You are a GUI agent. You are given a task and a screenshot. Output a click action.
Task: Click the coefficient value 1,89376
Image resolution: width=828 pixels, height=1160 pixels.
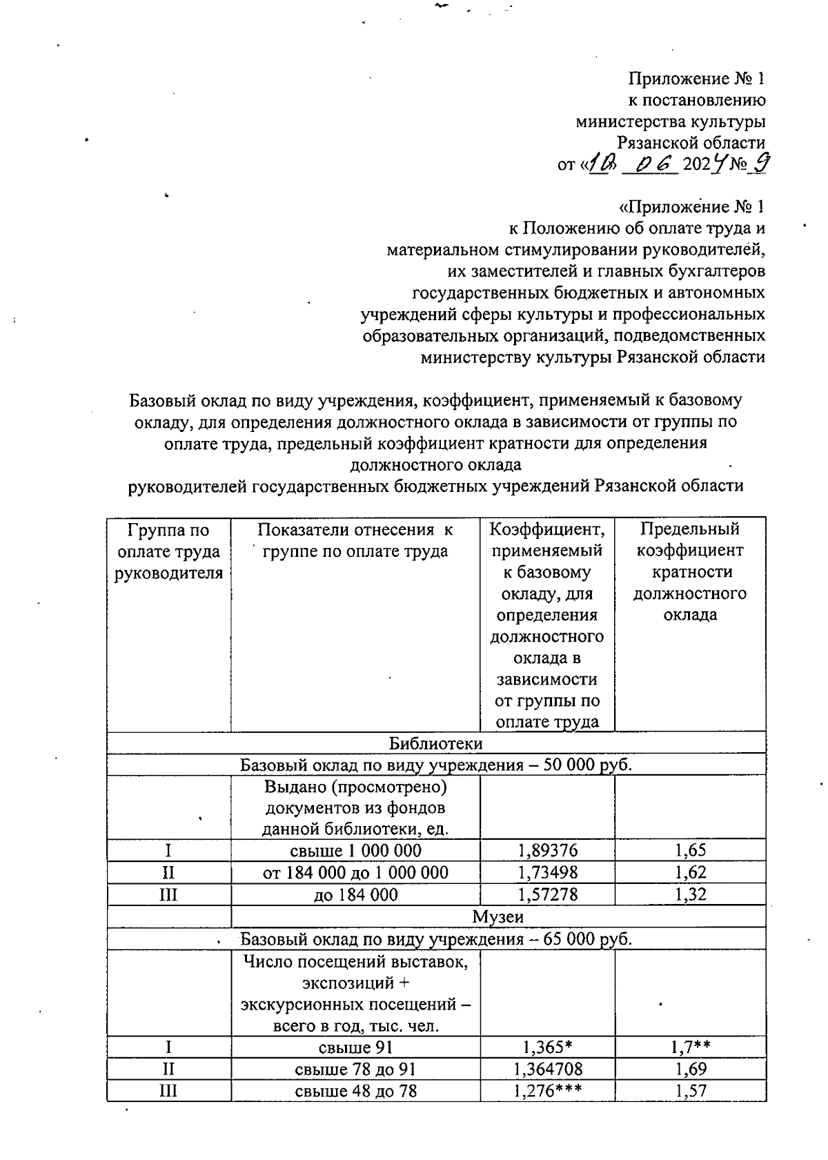tap(547, 850)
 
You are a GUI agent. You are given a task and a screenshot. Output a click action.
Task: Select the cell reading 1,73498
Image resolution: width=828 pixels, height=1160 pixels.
tap(547, 872)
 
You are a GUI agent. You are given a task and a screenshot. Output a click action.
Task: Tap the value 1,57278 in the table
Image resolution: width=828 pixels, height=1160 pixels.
tap(547, 894)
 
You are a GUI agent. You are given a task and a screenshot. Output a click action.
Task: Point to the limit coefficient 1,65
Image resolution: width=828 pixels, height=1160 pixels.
tap(690, 850)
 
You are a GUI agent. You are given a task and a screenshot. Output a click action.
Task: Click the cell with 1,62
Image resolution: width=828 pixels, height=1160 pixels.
tap(690, 872)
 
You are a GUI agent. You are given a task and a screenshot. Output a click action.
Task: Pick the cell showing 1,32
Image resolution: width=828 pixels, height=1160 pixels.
tap(690, 894)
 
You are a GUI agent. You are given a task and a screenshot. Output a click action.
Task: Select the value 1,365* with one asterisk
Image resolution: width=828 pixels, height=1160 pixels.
tap(547, 1048)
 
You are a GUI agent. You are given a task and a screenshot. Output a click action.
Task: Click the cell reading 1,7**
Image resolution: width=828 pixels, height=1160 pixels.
tap(690, 1048)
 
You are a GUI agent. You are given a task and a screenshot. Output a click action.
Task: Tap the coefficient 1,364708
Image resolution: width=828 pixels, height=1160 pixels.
tap(547, 1069)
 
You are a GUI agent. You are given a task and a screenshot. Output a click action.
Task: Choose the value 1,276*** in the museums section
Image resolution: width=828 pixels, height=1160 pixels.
tap(547, 1091)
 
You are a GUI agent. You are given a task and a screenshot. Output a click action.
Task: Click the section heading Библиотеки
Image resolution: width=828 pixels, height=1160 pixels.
tap(435, 743)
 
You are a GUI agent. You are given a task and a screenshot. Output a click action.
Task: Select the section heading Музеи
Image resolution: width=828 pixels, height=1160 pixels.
tap(497, 916)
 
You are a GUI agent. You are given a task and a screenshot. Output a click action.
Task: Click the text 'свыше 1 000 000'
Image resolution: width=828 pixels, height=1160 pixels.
tap(355, 850)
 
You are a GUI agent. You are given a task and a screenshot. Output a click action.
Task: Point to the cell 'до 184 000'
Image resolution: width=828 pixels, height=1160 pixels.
tap(355, 894)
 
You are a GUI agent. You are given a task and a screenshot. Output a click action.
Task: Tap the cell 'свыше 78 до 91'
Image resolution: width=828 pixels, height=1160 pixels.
tap(355, 1069)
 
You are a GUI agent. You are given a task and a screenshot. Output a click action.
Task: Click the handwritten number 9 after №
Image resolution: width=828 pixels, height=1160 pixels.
tap(761, 164)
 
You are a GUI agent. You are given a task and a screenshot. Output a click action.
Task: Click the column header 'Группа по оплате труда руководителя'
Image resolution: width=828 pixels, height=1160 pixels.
tap(168, 551)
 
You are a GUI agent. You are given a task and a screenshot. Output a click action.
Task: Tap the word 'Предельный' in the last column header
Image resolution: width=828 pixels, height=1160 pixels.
tap(690, 529)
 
